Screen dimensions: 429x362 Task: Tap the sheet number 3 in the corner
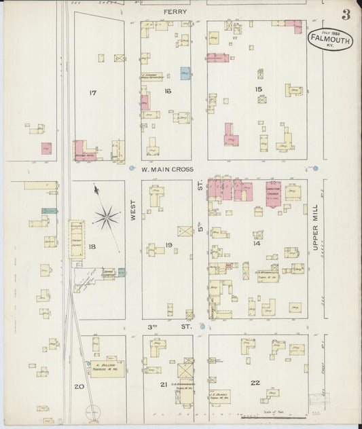(x=346, y=14)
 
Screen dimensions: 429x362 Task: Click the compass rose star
(x=107, y=217)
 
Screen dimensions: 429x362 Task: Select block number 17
(x=93, y=92)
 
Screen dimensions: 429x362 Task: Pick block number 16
(x=167, y=91)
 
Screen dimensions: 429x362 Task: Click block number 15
(x=257, y=89)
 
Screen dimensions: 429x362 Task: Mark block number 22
(x=255, y=383)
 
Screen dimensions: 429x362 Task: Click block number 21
(x=163, y=384)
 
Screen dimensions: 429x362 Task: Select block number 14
(x=257, y=242)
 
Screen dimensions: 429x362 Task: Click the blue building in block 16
(x=185, y=73)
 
